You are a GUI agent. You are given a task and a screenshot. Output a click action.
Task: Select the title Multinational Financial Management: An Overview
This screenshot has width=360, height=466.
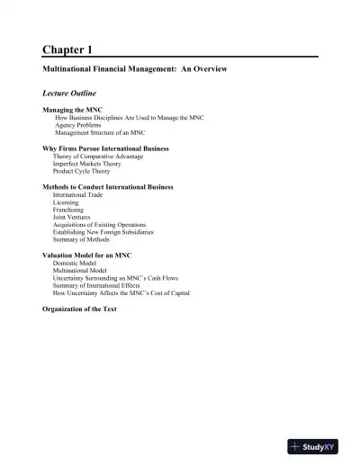136,69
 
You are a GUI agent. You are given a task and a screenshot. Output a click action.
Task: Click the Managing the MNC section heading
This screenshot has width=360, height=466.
73,110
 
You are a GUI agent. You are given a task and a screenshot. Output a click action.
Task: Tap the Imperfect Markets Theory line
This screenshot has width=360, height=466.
88,163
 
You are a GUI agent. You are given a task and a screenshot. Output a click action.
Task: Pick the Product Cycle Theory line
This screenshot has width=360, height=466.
83,170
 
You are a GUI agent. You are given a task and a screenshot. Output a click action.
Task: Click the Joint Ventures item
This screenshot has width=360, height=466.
71,217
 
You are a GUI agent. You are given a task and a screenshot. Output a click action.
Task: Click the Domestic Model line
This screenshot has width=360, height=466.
75,264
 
